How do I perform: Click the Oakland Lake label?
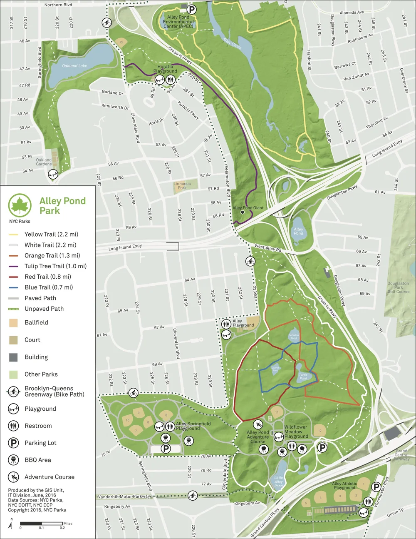[x=74, y=66]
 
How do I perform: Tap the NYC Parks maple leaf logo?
[x=20, y=205]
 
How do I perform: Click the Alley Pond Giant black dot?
[x=242, y=212]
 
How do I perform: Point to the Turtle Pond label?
[x=303, y=377]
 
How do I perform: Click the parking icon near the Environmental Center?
[x=191, y=9]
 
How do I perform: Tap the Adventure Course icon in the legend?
[x=14, y=477]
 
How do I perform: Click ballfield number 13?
[x=121, y=42]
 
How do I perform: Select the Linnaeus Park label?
[x=182, y=186]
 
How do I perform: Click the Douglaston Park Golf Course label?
[x=398, y=287]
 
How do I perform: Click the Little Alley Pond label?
[x=279, y=482]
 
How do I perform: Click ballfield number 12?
[x=319, y=431]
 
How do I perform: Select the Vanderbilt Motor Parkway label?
[x=124, y=497]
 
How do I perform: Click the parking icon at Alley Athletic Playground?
[x=376, y=487]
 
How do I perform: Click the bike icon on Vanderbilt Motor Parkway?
[x=192, y=495]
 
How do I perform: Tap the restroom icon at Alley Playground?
[x=226, y=323]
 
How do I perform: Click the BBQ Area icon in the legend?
[x=14, y=460]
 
